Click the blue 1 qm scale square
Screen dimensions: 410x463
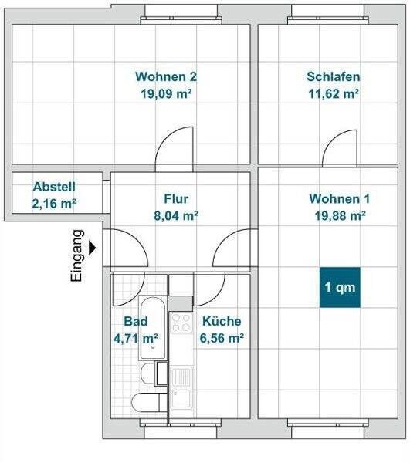(340, 287)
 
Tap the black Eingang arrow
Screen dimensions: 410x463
(92, 248)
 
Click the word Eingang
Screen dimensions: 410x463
(77, 255)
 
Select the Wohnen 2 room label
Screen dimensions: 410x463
(166, 76)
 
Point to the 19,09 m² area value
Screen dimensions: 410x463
(166, 94)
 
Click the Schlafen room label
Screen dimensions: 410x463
(334, 76)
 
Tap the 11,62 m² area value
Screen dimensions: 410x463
(334, 94)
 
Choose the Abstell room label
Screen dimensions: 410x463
(54, 187)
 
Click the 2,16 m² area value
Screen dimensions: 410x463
(54, 204)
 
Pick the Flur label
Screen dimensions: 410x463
(176, 199)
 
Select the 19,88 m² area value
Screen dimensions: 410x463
(340, 215)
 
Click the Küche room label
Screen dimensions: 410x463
(222, 321)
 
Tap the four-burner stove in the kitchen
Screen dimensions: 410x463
(181, 323)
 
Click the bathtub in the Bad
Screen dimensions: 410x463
(152, 328)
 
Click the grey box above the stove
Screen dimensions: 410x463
(181, 303)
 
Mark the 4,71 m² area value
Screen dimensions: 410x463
(136, 338)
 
